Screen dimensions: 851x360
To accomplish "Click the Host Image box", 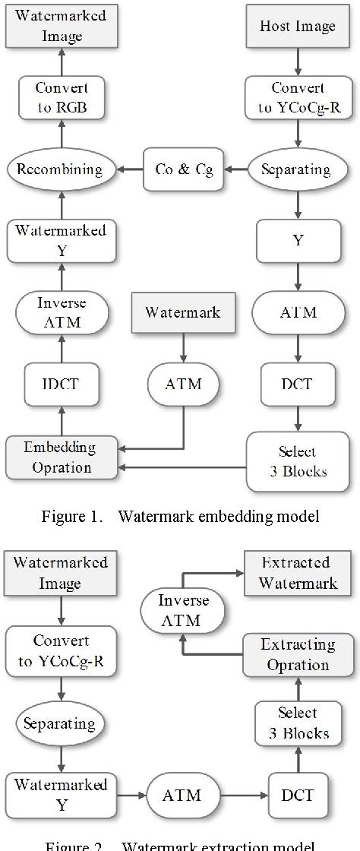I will coord(297,27).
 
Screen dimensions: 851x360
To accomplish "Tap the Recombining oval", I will coord(61,169).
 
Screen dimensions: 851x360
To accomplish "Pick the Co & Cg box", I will coord(180,169).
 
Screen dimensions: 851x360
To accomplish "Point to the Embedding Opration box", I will coord(61,456).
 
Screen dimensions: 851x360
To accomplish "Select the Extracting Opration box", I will coord(297,654).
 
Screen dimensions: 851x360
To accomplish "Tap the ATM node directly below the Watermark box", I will coord(183,384).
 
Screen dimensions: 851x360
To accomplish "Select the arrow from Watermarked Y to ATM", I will coord(127,795).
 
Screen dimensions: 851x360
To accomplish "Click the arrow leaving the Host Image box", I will coord(297,61).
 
